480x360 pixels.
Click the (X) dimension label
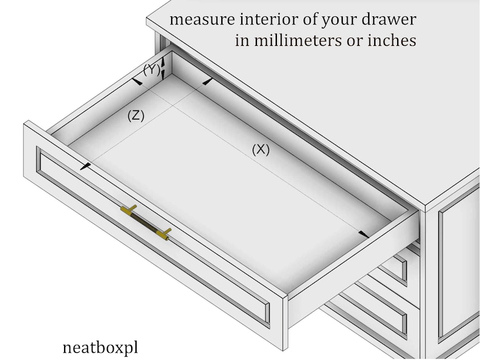point(261,150)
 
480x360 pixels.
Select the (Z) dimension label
point(136,116)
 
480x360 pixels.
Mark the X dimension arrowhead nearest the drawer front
point(363,234)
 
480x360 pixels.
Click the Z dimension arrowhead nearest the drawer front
point(86,165)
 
